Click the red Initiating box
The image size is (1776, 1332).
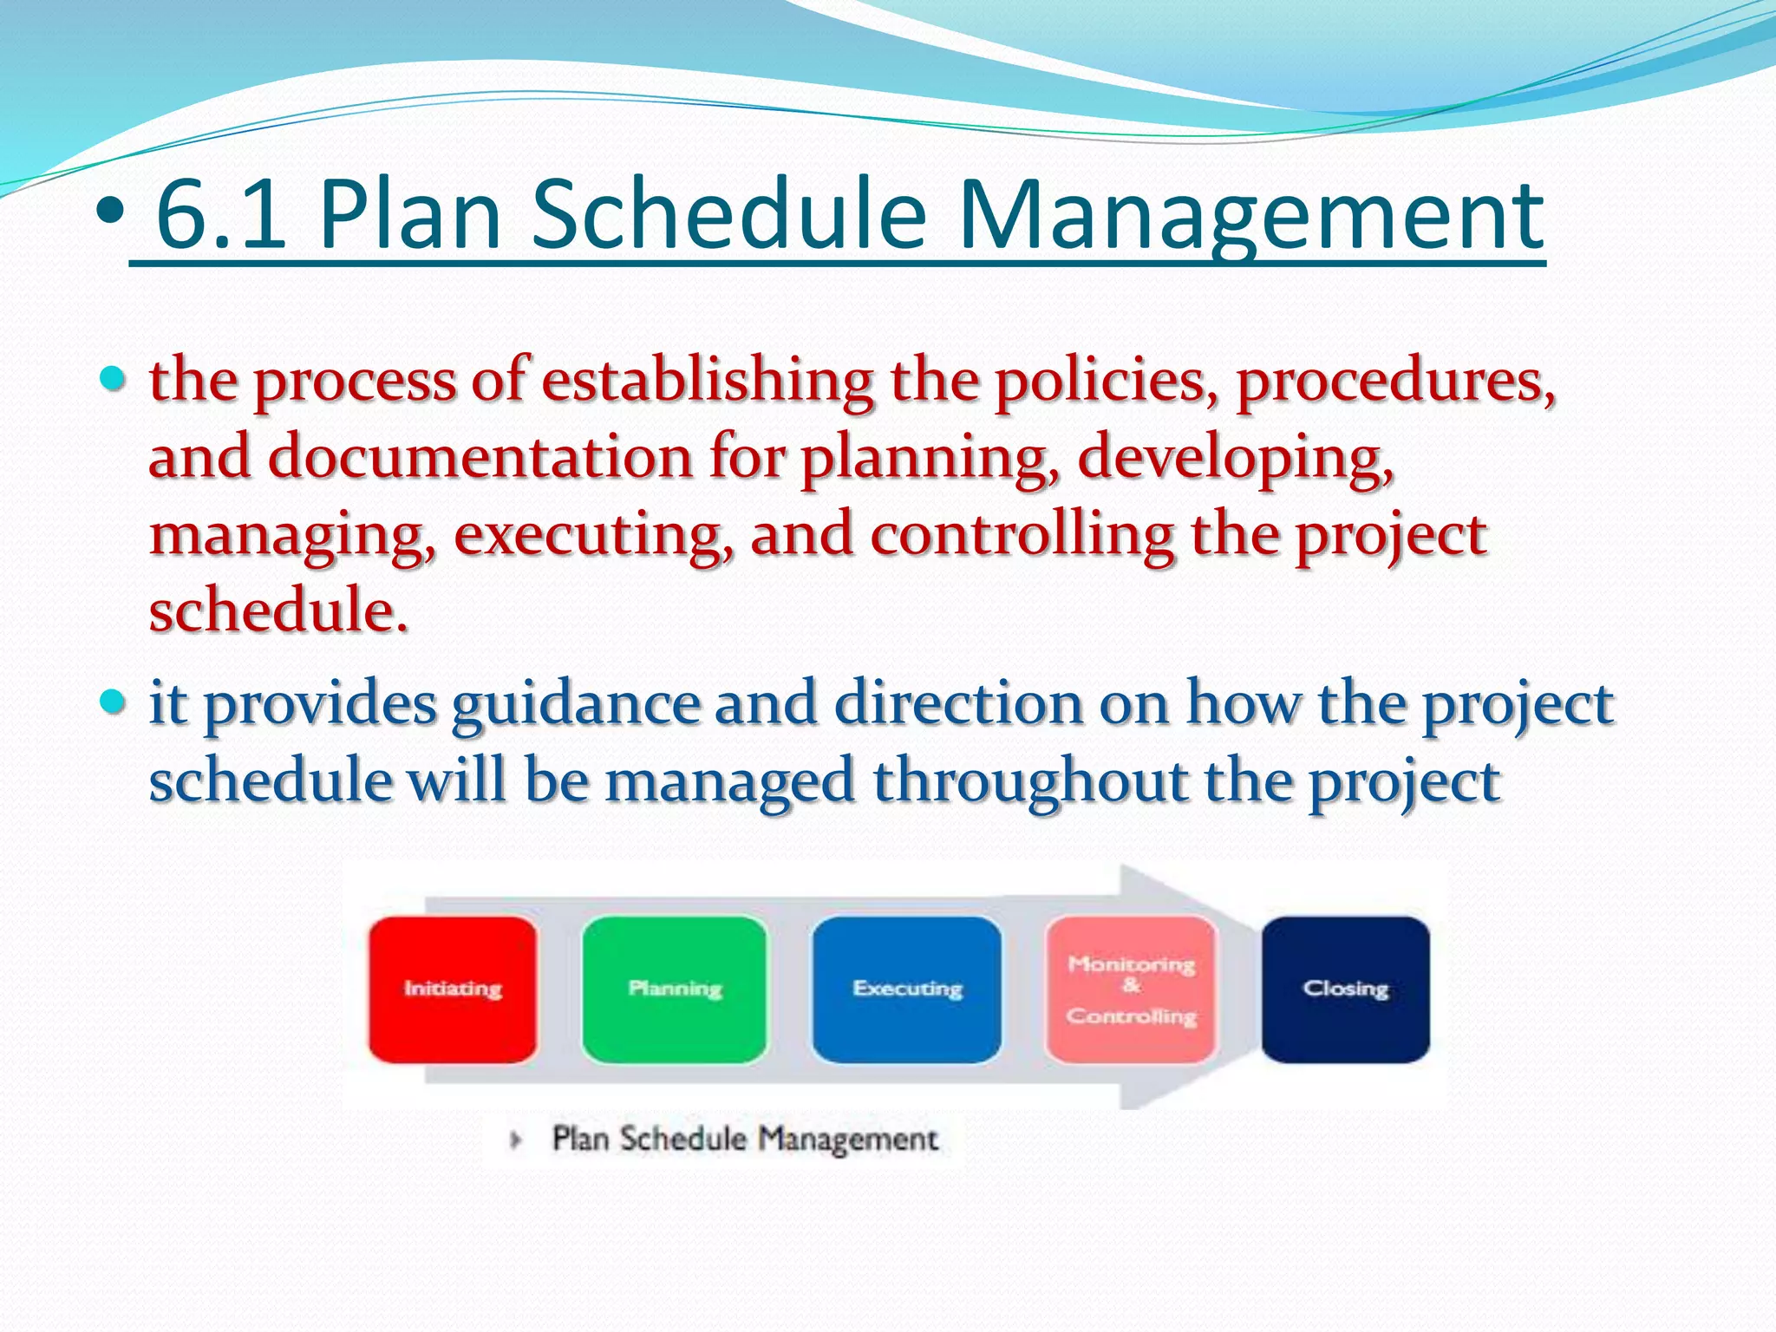click(x=452, y=989)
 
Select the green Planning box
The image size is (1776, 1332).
click(x=675, y=989)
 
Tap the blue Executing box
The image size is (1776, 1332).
click(x=906, y=989)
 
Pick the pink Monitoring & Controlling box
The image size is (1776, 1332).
click(x=1131, y=989)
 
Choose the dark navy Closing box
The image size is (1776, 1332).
click(x=1345, y=989)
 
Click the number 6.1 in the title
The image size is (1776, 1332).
click(x=220, y=215)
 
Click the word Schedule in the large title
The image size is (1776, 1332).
click(x=728, y=215)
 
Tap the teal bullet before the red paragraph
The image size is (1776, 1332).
click(x=113, y=379)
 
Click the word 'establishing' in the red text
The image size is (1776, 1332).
click(x=708, y=382)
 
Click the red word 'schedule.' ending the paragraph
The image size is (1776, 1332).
click(x=277, y=610)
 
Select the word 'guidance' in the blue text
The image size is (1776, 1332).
click(x=575, y=704)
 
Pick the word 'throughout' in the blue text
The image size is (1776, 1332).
click(x=1030, y=781)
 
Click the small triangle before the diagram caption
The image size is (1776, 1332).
click(x=516, y=1139)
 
